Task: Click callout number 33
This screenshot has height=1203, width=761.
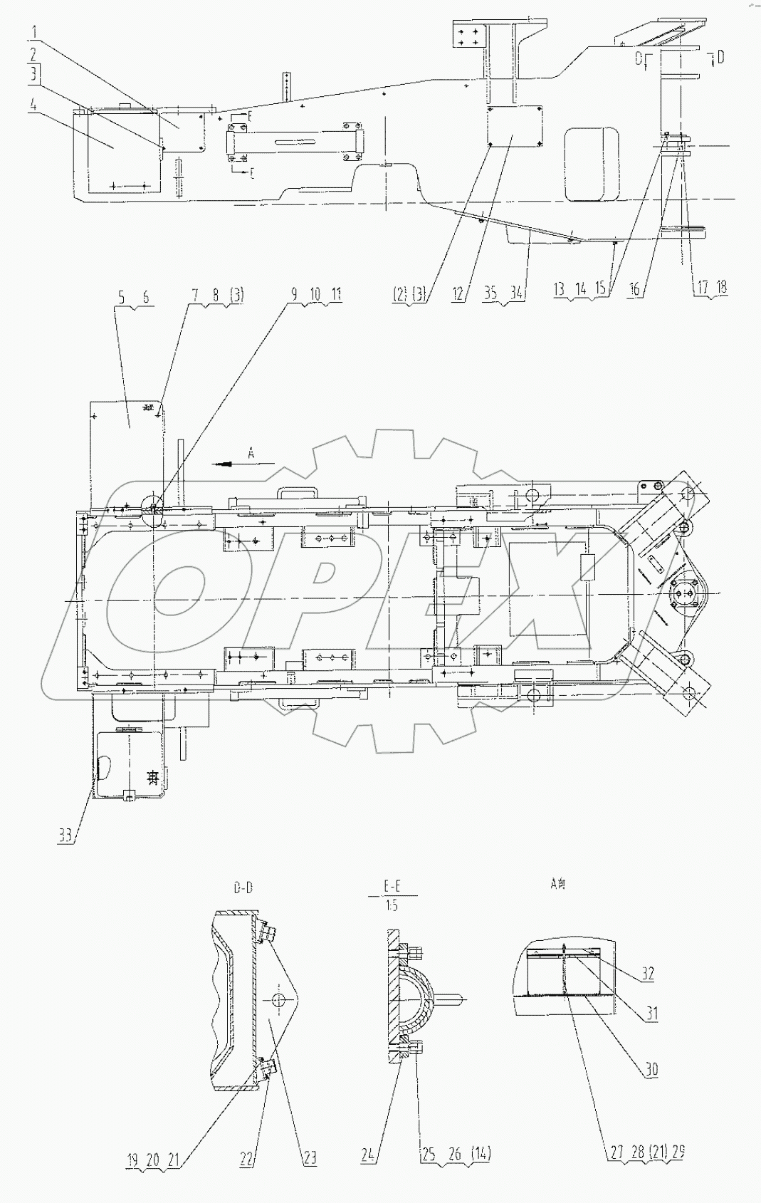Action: pos(65,836)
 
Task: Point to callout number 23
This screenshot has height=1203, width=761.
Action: pos(310,1159)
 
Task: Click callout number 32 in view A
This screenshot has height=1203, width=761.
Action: pos(647,974)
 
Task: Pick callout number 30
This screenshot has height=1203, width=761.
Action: pos(651,1069)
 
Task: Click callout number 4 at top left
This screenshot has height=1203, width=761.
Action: pos(33,105)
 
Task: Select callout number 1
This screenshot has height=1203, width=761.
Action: pos(33,33)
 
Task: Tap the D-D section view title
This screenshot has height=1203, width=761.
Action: pos(242,888)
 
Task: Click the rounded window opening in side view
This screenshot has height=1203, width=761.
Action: pos(592,164)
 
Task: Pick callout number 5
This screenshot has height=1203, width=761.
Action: pos(121,297)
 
